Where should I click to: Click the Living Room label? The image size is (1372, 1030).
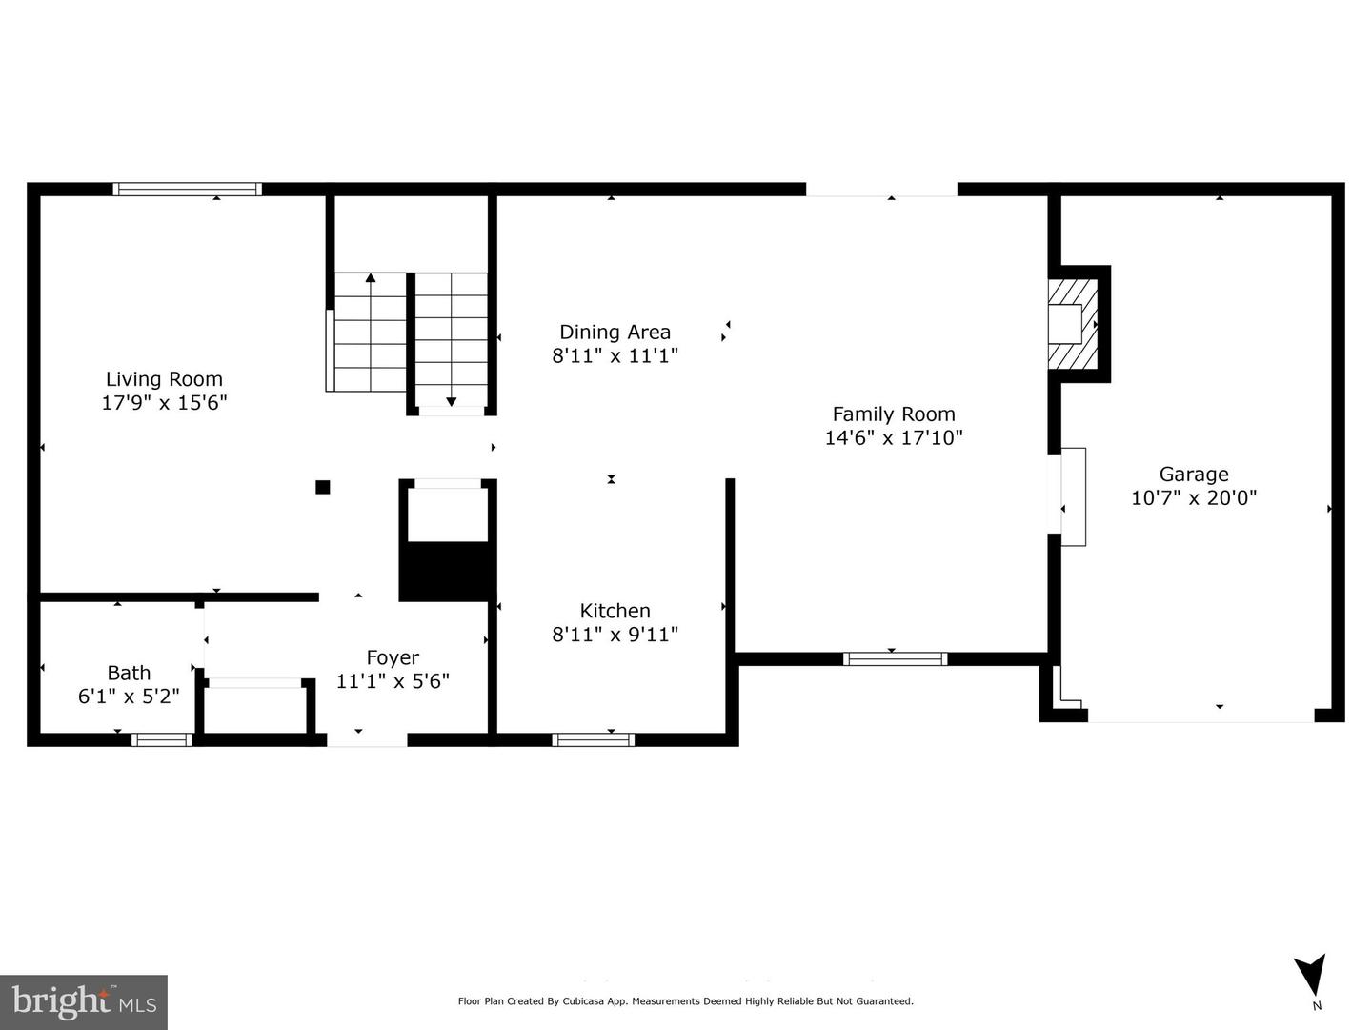click(x=164, y=379)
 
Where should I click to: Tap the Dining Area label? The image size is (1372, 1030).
click(x=615, y=332)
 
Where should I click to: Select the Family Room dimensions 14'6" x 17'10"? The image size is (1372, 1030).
click(x=893, y=437)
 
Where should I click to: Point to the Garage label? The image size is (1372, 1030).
click(x=1193, y=475)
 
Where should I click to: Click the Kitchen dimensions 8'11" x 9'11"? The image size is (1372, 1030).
click(x=615, y=635)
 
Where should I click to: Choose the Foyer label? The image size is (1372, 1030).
click(x=393, y=657)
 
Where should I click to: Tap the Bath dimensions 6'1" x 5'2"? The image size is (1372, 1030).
click(x=129, y=696)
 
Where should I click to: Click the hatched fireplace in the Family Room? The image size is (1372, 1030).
click(x=1073, y=324)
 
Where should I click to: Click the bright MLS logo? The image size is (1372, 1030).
click(x=84, y=1001)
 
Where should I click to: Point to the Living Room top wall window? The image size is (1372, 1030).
click(x=187, y=189)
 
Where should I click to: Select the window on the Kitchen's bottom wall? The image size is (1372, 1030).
click(x=593, y=740)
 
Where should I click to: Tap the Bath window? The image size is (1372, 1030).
click(x=161, y=740)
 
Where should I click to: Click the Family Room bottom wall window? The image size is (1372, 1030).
click(x=895, y=658)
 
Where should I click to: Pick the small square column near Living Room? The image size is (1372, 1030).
click(x=323, y=487)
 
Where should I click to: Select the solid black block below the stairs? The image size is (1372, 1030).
click(x=448, y=572)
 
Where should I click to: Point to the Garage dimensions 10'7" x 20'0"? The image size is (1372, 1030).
click(x=1193, y=498)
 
